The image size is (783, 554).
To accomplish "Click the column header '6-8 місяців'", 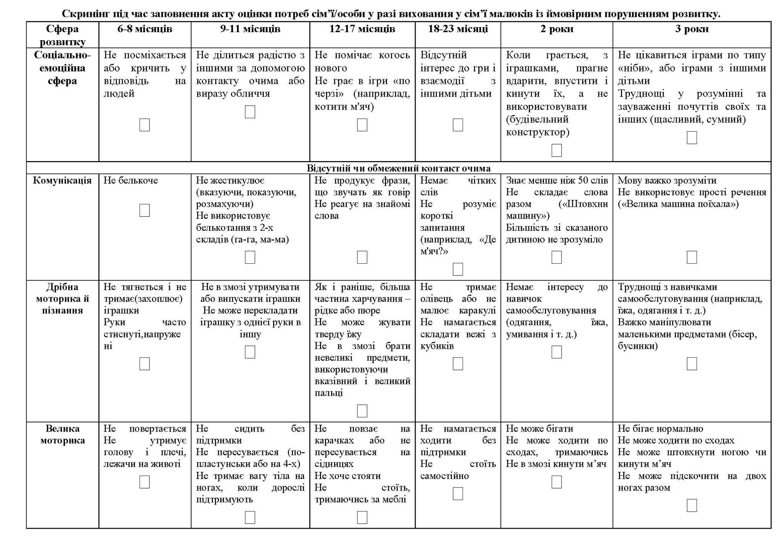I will [145, 29].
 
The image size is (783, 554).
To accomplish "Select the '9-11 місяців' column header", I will [250, 29].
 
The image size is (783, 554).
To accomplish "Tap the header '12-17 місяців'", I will [362, 29].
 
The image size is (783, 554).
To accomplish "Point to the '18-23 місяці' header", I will [458, 29].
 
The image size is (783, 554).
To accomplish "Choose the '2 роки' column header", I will [557, 29].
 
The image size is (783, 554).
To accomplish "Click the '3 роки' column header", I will [692, 29].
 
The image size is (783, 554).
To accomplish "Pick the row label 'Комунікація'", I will [62, 181].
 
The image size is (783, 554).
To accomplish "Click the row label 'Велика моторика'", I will [62, 434].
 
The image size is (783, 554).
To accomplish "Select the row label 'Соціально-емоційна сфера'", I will [62, 68].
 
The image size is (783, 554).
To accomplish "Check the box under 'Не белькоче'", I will [145, 210].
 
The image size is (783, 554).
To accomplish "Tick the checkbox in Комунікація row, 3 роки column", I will [692, 257].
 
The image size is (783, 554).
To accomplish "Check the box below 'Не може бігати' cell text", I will [557, 482].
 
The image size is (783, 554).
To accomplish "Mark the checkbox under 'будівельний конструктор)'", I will [557, 150].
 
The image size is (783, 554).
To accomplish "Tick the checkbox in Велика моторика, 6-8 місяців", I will [145, 482].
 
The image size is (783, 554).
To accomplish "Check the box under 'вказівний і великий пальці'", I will [362, 411].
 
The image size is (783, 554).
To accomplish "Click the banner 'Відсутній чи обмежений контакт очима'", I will [398, 168].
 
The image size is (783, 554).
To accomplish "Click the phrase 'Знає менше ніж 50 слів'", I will [557, 181].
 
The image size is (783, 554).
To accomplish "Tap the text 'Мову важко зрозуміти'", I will [667, 181].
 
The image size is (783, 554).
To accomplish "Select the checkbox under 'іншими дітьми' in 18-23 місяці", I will [458, 125].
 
